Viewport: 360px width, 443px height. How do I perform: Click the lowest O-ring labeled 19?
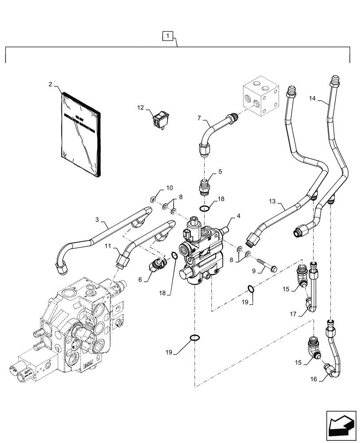coord(194,338)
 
